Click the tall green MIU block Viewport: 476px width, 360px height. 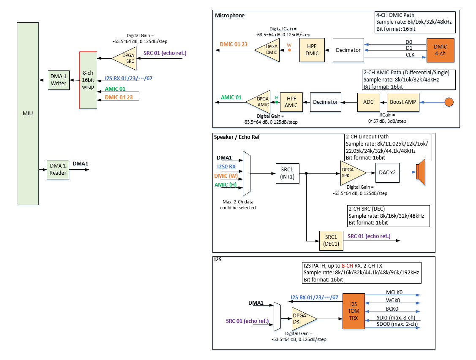[x=28, y=114]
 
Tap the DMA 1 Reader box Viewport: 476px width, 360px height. [x=58, y=170]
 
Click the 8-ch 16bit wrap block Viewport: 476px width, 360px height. [x=88, y=80]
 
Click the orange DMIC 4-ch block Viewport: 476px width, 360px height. [x=440, y=50]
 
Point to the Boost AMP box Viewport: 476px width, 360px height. [x=403, y=102]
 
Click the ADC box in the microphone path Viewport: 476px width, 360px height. [x=365, y=102]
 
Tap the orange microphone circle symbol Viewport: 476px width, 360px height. [x=449, y=102]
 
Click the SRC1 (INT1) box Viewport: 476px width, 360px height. [x=287, y=173]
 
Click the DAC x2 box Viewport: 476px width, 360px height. [x=387, y=172]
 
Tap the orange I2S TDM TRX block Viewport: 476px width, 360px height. [x=354, y=311]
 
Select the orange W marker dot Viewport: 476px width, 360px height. [x=289, y=50]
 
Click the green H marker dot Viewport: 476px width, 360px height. [x=277, y=102]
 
